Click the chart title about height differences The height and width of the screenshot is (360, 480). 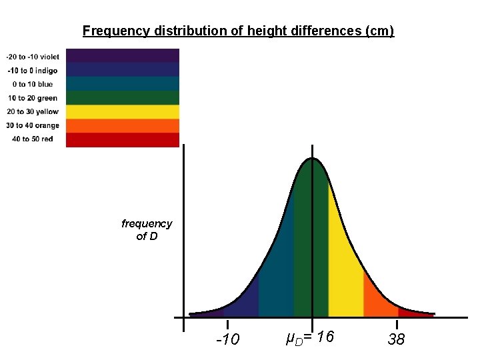[238, 31]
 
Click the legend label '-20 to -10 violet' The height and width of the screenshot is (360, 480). [33, 56]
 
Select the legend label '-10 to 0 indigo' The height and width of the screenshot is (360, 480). [33, 70]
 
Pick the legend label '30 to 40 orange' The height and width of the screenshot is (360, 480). [33, 125]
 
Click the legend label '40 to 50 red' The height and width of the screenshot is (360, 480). [33, 139]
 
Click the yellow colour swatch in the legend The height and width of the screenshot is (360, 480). [123, 112]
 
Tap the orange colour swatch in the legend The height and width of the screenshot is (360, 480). [123, 126]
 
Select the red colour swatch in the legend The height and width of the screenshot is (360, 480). [123, 140]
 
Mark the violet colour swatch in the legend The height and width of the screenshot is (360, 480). [123, 55]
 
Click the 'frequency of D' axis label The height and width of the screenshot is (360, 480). [147, 230]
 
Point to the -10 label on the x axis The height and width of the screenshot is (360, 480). [228, 340]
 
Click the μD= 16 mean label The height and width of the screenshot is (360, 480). [309, 339]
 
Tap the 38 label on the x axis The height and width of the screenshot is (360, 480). [396, 340]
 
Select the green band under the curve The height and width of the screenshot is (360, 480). [311, 247]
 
